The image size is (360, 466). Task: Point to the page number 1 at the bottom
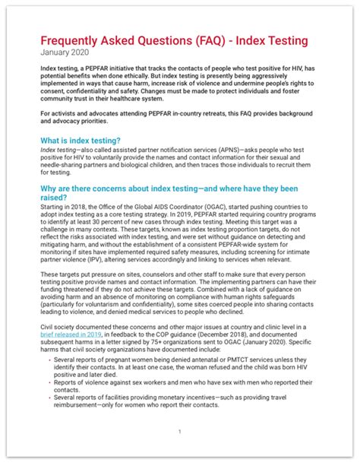click(x=179, y=432)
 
